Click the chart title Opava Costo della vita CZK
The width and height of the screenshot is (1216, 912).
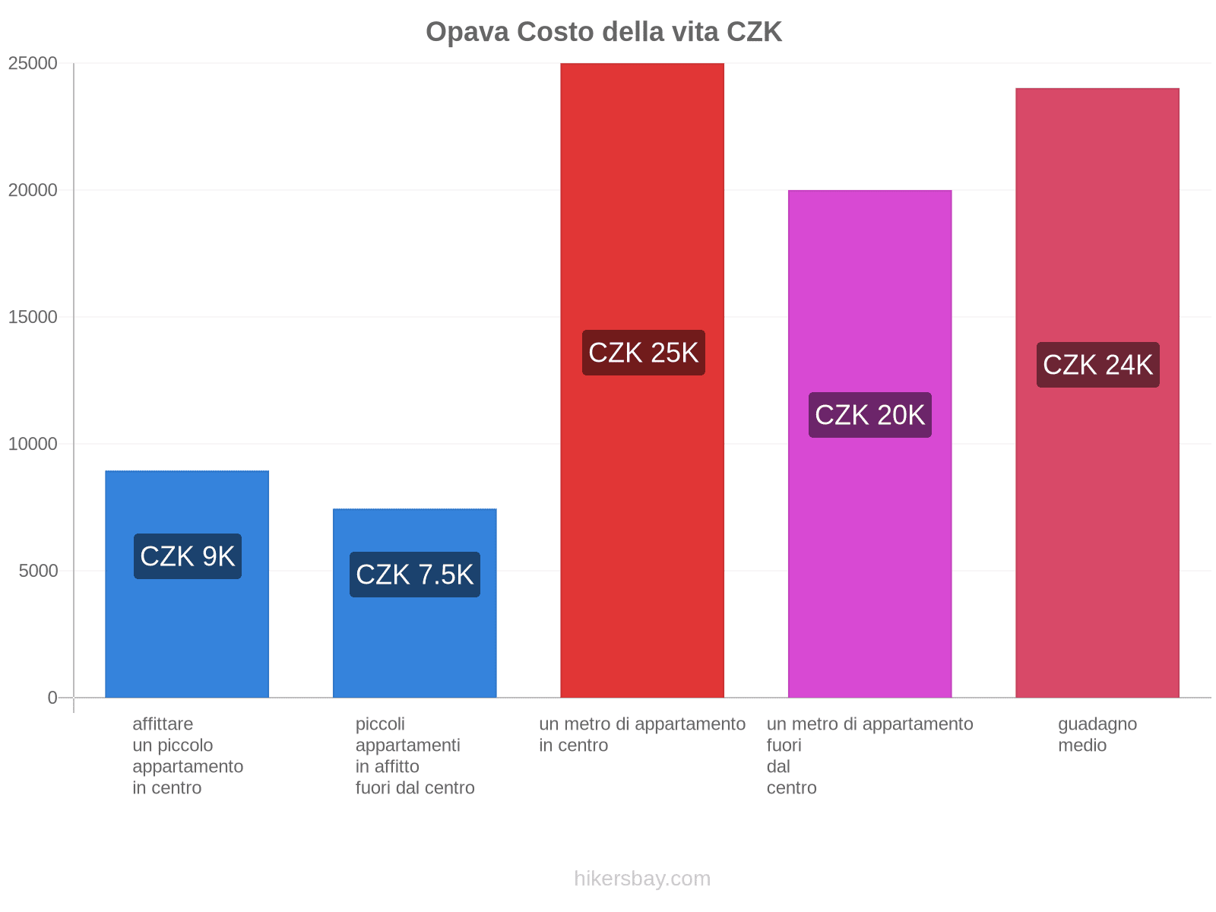(x=603, y=32)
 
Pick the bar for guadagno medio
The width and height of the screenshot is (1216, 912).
(x=1097, y=228)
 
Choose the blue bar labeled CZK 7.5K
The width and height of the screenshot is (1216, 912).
(x=414, y=646)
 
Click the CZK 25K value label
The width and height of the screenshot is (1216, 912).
(x=643, y=353)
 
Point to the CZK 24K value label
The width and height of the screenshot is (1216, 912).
(x=1097, y=365)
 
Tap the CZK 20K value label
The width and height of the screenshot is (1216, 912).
(x=869, y=415)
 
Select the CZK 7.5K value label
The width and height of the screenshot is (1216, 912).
(x=414, y=575)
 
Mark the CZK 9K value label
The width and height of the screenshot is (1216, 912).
(x=187, y=556)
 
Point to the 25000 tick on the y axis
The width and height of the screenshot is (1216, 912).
(x=33, y=63)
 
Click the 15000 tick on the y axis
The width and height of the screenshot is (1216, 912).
(x=33, y=317)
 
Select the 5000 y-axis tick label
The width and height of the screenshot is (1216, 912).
(x=38, y=571)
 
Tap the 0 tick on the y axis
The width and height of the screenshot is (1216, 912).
(x=52, y=698)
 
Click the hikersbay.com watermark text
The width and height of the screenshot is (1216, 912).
(x=642, y=879)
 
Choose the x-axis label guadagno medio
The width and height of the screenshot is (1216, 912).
(x=1097, y=734)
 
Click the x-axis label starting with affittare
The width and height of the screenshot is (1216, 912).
(x=187, y=755)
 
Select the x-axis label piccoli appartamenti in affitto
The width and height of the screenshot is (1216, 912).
(x=414, y=755)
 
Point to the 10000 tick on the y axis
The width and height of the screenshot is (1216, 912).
(x=33, y=444)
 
